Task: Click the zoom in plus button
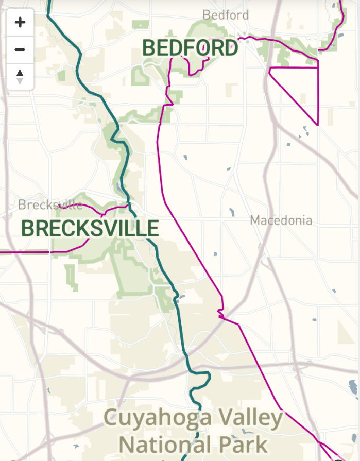[x=20, y=23]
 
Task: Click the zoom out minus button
[x=20, y=49]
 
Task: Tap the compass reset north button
[x=20, y=76]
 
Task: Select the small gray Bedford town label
[x=225, y=15]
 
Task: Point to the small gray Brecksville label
[x=50, y=204]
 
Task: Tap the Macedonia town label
[x=281, y=220]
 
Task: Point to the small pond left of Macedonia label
[x=232, y=211]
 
